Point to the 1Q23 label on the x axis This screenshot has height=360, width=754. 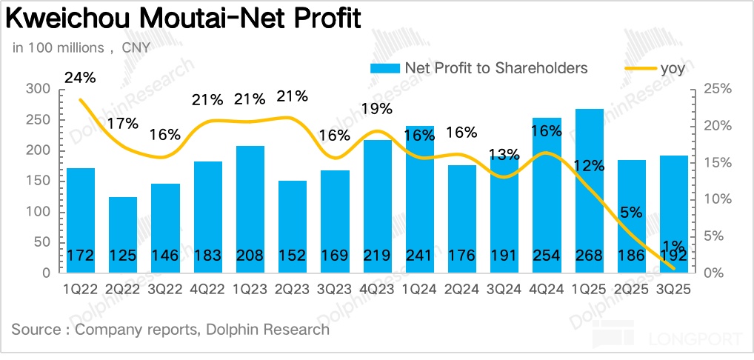(x=250, y=290)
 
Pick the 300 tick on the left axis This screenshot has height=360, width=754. (x=39, y=89)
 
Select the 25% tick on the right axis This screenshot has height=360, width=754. (x=717, y=89)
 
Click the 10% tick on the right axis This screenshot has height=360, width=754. (x=717, y=199)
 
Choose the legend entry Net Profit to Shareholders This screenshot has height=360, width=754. (x=496, y=68)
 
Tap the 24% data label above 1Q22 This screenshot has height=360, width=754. (x=80, y=76)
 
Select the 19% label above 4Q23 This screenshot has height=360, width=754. (x=378, y=110)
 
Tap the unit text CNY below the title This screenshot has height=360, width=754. (x=136, y=48)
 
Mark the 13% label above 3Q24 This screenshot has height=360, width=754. (x=505, y=155)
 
